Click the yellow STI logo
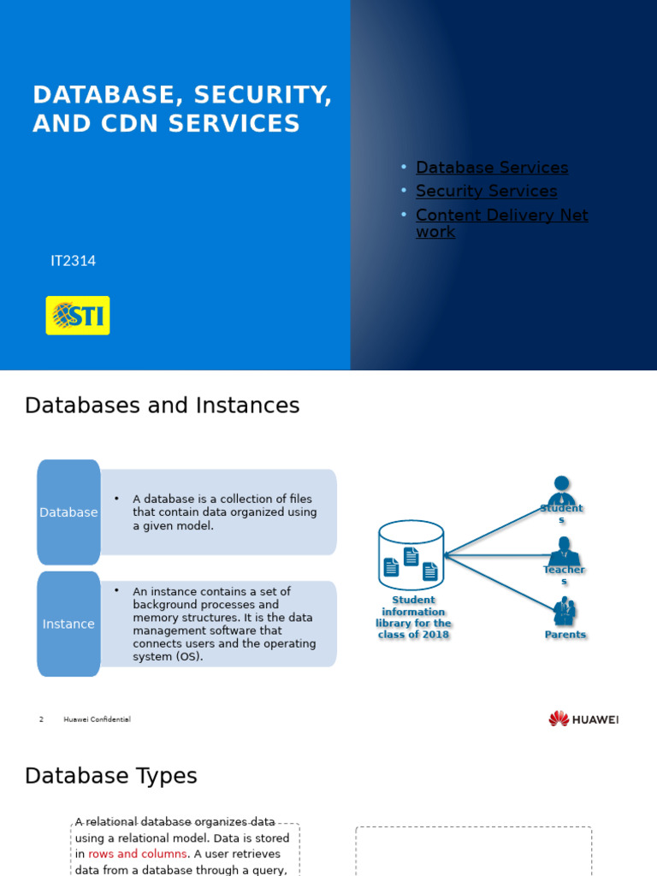click(77, 316)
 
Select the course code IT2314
click(73, 261)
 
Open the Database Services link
click(492, 168)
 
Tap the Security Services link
click(486, 192)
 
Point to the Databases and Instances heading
click(162, 405)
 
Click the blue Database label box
click(68, 512)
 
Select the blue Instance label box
click(68, 624)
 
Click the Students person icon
click(561, 491)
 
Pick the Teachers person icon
click(564, 551)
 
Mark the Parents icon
click(565, 612)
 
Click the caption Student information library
click(413, 618)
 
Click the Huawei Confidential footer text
click(97, 719)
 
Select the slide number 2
click(41, 719)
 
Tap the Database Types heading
click(110, 776)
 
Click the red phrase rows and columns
click(137, 854)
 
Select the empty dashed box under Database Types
click(473, 852)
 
